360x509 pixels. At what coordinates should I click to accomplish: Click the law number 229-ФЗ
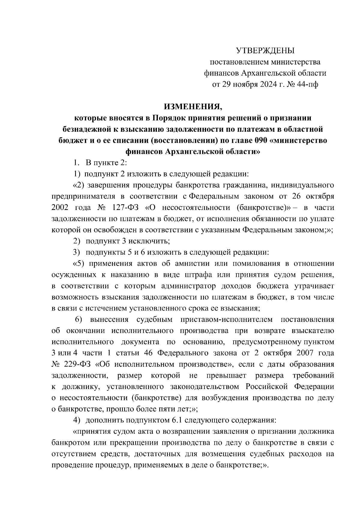[x=78, y=364]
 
